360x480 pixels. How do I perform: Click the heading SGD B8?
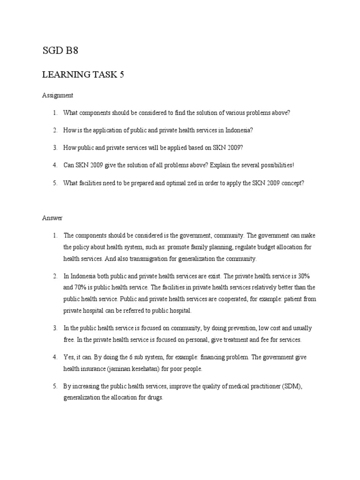(60, 51)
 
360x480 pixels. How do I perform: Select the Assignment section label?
(57, 95)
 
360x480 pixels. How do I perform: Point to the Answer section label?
(52, 218)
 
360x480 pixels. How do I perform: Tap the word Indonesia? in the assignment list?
(240, 130)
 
